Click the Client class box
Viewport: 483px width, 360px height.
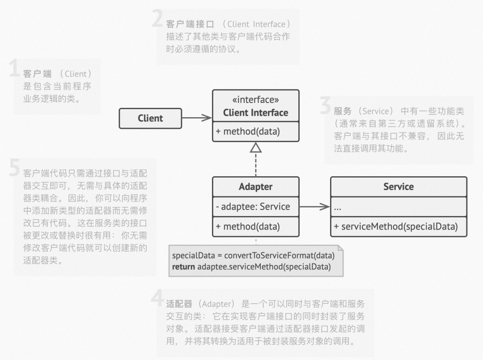coord(150,118)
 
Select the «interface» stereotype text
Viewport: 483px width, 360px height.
coord(256,100)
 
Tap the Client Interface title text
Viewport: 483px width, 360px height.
coord(256,113)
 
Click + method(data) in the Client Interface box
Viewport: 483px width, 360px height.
coord(248,131)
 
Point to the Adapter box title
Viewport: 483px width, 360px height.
coord(256,186)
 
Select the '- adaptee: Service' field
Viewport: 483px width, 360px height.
coord(253,207)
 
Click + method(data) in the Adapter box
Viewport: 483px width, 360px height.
coord(248,227)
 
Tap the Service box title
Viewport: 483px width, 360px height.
coord(398,186)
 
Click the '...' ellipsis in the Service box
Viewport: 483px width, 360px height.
coord(338,208)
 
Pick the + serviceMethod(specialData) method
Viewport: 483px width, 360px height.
coord(396,227)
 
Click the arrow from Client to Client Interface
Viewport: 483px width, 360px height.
coord(197,118)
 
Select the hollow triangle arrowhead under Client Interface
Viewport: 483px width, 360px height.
coord(256,148)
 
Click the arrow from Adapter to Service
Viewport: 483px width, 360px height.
coord(314,207)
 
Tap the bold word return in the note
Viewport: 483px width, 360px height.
coord(184,267)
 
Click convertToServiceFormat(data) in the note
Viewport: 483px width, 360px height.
coord(280,256)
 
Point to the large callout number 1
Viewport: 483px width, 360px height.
coord(14,68)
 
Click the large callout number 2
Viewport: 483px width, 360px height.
coord(158,18)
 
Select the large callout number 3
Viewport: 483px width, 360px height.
coord(325,105)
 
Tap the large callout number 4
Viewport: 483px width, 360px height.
coord(157,298)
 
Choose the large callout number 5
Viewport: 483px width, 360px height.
coord(14,168)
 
